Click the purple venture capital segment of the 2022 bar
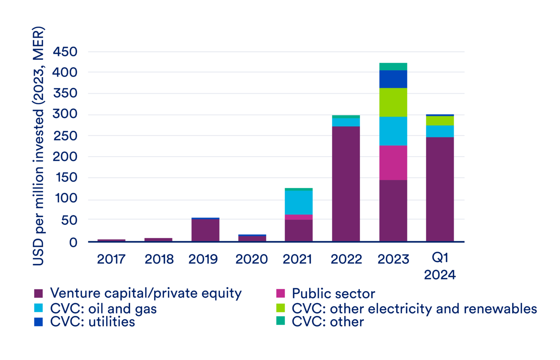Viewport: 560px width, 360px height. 346,184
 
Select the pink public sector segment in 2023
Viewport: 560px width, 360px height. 393,163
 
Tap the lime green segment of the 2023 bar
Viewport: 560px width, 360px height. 393,102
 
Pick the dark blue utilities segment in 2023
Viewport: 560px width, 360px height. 393,79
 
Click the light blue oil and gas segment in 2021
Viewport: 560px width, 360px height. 299,203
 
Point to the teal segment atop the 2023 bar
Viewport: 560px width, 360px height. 393,66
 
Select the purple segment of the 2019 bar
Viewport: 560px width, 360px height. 205,230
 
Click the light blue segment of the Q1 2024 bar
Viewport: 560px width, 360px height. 440,131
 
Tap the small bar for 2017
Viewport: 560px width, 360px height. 111,240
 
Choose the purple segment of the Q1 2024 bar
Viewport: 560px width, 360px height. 440,189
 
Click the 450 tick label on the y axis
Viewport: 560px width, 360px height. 65,52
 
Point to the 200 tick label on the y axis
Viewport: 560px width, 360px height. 65,157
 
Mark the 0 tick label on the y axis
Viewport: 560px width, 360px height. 73,242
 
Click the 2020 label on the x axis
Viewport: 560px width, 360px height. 252,259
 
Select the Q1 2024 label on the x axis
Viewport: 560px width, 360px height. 440,266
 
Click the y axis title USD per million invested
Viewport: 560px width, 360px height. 38,146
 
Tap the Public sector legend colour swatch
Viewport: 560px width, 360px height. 280,293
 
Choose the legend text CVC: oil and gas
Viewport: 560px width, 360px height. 104,309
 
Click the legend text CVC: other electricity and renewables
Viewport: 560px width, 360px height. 414,309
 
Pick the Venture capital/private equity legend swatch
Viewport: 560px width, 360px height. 38,293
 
